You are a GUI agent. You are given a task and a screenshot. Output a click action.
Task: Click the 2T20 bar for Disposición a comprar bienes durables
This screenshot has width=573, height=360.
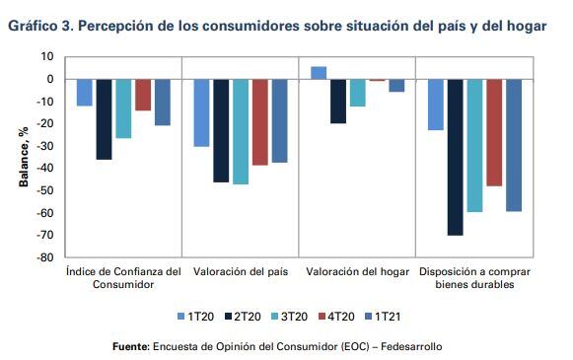(x=455, y=157)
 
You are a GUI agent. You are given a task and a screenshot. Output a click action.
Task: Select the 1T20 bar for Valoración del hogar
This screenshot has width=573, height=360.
(x=319, y=73)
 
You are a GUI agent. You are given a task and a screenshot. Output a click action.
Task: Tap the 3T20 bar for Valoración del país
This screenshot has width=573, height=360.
(x=241, y=131)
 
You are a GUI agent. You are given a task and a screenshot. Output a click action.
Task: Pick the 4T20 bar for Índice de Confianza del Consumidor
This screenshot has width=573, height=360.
(x=143, y=95)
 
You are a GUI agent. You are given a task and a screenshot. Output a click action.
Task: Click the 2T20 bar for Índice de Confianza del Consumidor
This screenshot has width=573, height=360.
(x=104, y=119)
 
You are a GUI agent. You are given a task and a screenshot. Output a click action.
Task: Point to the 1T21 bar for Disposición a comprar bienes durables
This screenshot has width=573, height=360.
(x=513, y=145)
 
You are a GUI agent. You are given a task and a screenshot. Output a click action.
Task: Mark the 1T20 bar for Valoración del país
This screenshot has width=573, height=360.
(x=201, y=112)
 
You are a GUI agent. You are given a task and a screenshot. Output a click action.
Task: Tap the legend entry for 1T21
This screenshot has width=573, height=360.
(x=388, y=316)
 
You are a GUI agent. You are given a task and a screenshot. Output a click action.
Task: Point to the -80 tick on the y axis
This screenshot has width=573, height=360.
(x=45, y=258)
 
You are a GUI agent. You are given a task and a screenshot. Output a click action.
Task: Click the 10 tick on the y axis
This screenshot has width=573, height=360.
(x=48, y=57)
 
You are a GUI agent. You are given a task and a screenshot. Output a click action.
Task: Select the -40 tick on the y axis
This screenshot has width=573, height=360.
(x=45, y=169)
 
